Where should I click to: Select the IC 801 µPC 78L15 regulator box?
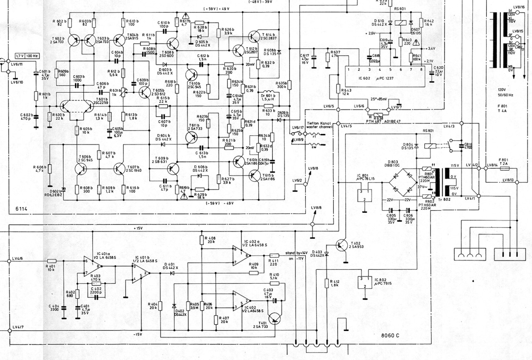pyautogui.click(x=364, y=196)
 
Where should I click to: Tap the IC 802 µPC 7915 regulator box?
pyautogui.click(x=365, y=282)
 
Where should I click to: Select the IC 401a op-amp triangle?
pyautogui.click(x=92, y=264)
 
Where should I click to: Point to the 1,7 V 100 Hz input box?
pyautogui.click(x=26, y=55)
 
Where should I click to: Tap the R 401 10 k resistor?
pyautogui.click(x=52, y=261)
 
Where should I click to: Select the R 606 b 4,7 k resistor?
pyautogui.click(x=49, y=169)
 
